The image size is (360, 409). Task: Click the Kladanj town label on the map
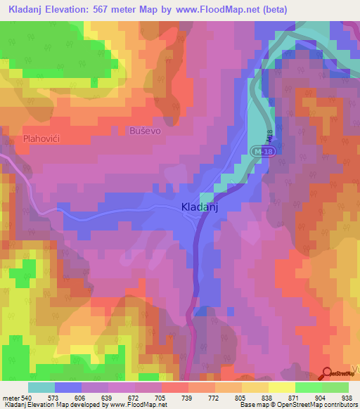click(x=202, y=207)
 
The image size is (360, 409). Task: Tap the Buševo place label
click(x=146, y=131)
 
